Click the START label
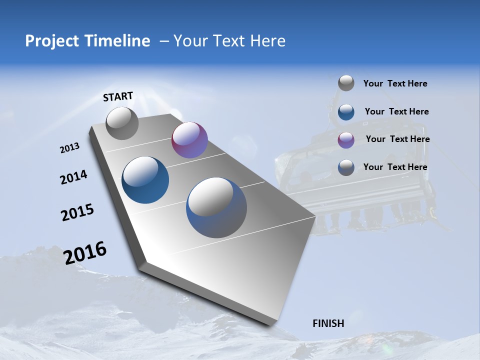[x=118, y=96]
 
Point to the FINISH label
[x=328, y=323]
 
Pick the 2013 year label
[x=70, y=148]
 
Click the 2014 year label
[x=73, y=177]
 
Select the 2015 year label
[x=77, y=212]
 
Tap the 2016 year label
[x=85, y=253]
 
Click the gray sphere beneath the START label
[x=122, y=123]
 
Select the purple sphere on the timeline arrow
[x=189, y=140]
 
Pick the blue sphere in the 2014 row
[x=145, y=180]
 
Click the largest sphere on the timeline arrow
[x=216, y=207]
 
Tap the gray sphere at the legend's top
[x=346, y=83]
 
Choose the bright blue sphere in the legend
[x=346, y=111]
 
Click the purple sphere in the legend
[x=346, y=139]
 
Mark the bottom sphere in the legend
[x=346, y=167]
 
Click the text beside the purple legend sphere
[x=397, y=139]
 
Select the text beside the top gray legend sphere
[x=395, y=83]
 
